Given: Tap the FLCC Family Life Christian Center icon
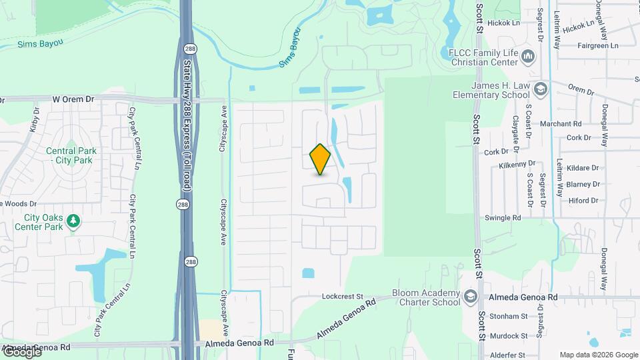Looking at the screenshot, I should coord(529,56).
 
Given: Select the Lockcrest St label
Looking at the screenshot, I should coord(341,296).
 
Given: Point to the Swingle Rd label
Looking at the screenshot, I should coord(503,218).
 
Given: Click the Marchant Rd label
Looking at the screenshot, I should coord(561,124).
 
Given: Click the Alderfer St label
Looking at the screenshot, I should coord(508,355).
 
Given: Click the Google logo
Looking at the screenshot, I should coord(21,352).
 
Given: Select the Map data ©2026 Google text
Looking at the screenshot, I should coord(598,355).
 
